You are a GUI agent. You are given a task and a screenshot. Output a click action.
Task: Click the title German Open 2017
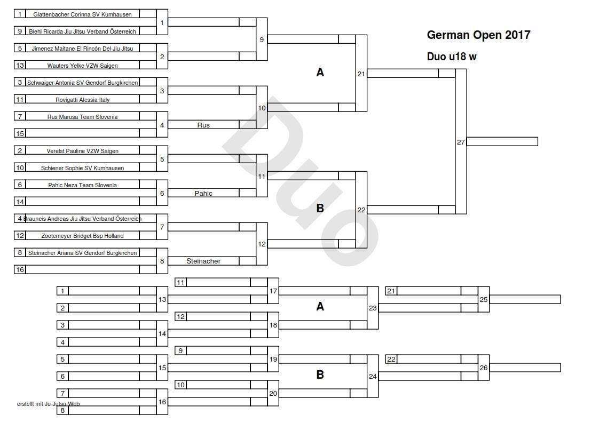tap(478, 35)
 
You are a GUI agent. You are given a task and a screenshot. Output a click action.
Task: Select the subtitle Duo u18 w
tap(452, 57)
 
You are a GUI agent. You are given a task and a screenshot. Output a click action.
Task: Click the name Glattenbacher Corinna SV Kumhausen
tap(82, 14)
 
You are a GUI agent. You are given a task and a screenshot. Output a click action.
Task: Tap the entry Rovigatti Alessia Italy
tap(82, 100)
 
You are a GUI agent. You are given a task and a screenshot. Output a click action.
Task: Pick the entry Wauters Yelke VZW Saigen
tap(82, 66)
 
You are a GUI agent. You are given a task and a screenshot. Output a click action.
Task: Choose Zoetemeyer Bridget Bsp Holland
tap(82, 236)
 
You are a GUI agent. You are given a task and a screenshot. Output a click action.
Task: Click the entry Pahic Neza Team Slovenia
tap(82, 185)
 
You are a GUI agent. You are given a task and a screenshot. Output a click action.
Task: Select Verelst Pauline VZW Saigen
tap(82, 151)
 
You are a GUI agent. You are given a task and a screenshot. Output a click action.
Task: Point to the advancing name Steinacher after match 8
tap(203, 261)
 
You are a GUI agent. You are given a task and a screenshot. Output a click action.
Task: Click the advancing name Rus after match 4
tap(203, 125)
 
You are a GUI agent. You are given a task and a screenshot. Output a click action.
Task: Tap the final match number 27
tap(461, 142)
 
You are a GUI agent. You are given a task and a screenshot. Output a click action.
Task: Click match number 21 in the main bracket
tap(361, 74)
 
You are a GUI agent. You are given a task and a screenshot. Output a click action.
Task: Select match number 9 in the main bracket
tap(261, 39)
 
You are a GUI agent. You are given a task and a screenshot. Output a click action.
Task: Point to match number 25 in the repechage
tap(483, 300)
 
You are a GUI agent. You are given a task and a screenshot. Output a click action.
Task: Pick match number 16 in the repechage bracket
tap(162, 402)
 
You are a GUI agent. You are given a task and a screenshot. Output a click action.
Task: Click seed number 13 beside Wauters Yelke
tap(20, 65)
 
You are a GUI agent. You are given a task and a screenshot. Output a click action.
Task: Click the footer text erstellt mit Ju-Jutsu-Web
tap(49, 404)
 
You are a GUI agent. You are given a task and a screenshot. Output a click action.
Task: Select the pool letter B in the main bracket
tap(320, 208)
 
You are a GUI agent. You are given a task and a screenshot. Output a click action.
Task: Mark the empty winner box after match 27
tap(502, 142)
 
